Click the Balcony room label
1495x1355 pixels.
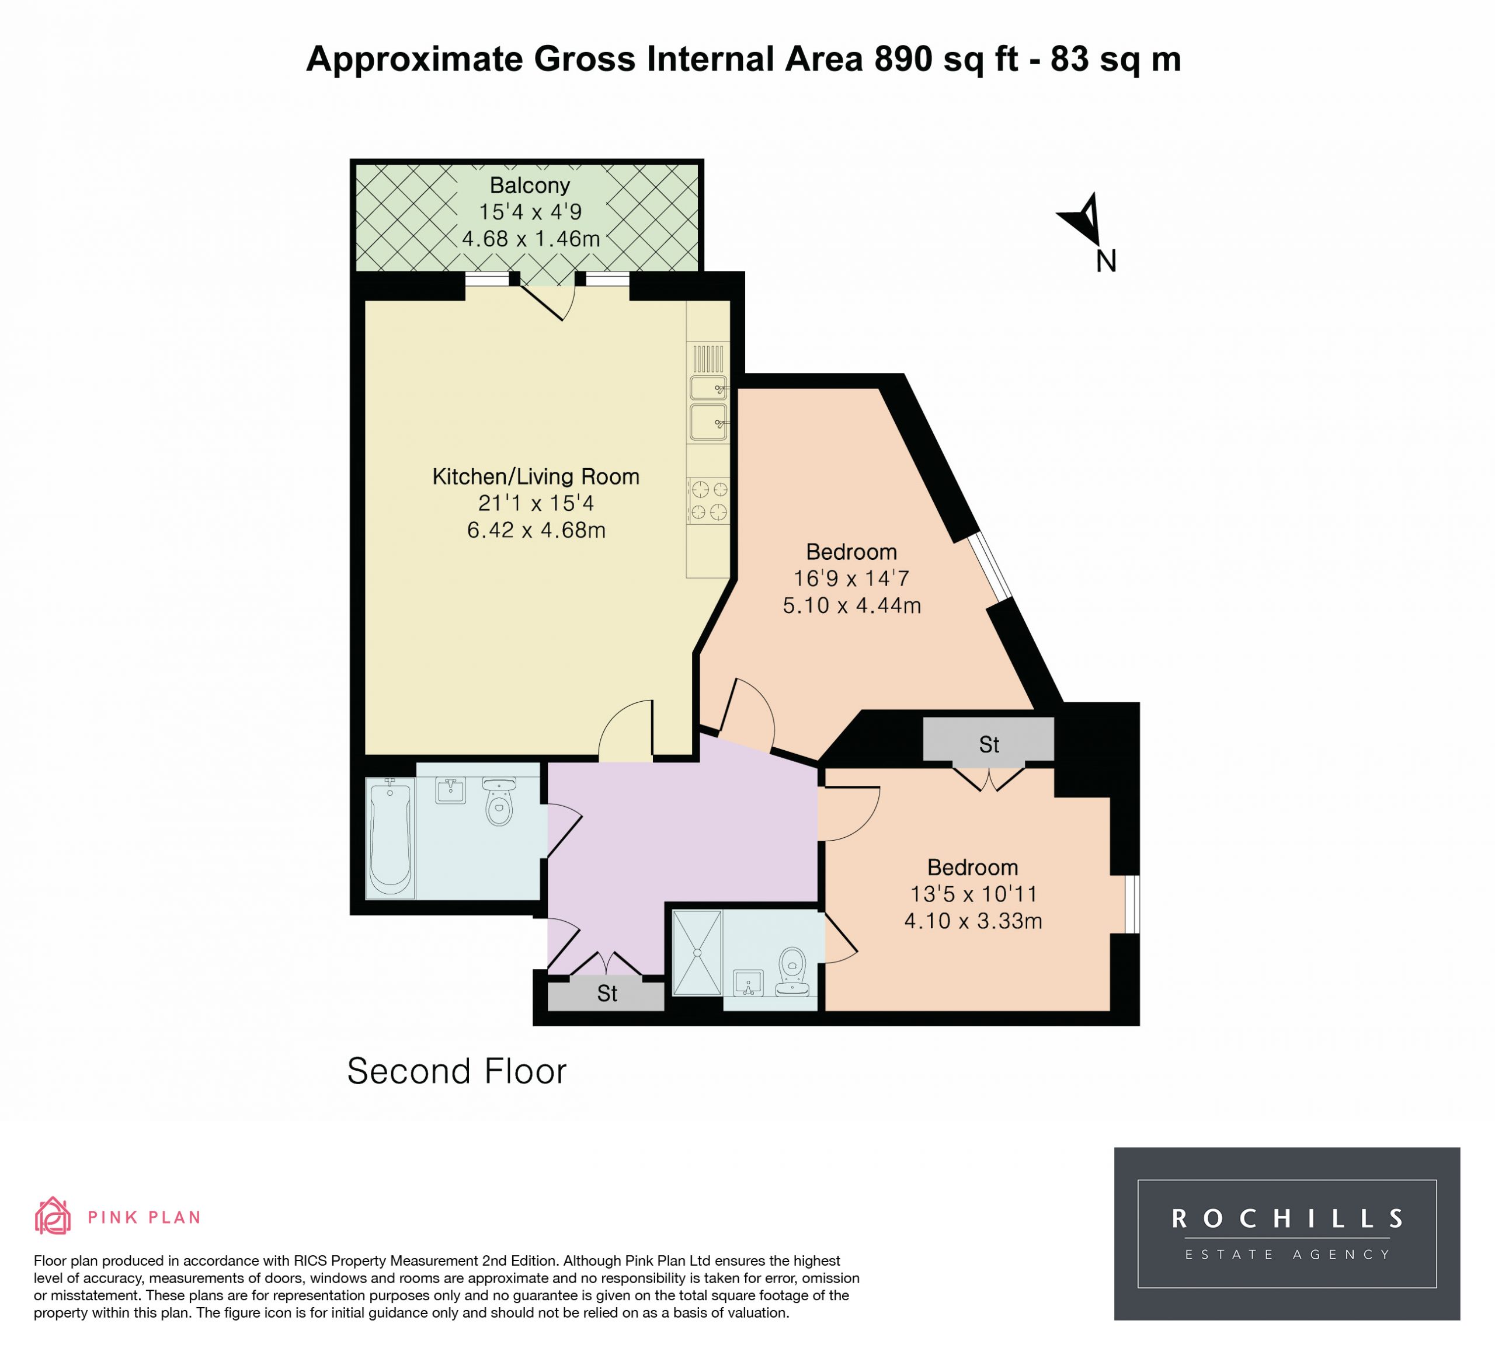[x=530, y=185]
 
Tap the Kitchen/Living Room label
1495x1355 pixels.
[x=536, y=476]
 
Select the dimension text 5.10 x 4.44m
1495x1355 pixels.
[x=852, y=605]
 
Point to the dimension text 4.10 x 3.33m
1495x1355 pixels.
[x=973, y=921]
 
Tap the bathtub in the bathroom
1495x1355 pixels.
[x=390, y=838]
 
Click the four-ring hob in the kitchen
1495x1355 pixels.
[x=708, y=500]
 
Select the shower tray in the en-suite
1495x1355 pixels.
[x=697, y=953]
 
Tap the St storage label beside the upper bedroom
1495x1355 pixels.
[x=989, y=744]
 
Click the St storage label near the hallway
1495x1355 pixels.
[x=607, y=993]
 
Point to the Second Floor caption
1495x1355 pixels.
[x=457, y=1071]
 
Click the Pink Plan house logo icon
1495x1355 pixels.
[x=53, y=1215]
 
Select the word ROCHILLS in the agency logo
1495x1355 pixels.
[x=1287, y=1218]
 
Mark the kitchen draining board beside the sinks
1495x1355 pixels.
[x=708, y=359]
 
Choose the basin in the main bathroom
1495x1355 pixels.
[x=450, y=790]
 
